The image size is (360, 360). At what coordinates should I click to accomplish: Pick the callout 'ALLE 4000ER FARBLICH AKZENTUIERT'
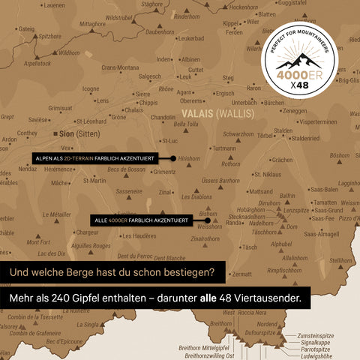coord(141,220)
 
